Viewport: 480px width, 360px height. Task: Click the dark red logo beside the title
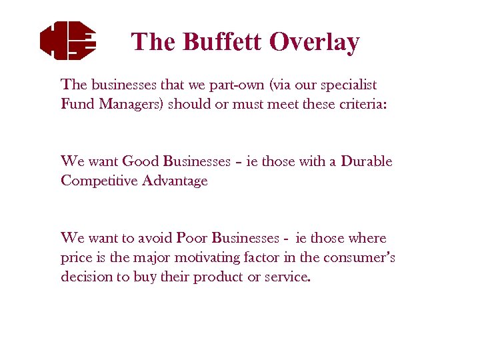67,39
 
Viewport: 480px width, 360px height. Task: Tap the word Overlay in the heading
314,41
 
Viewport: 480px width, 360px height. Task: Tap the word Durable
366,161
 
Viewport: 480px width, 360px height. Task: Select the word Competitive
99,181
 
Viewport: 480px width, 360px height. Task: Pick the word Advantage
174,181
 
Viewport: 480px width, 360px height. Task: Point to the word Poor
192,238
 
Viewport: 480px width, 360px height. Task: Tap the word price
77,257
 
